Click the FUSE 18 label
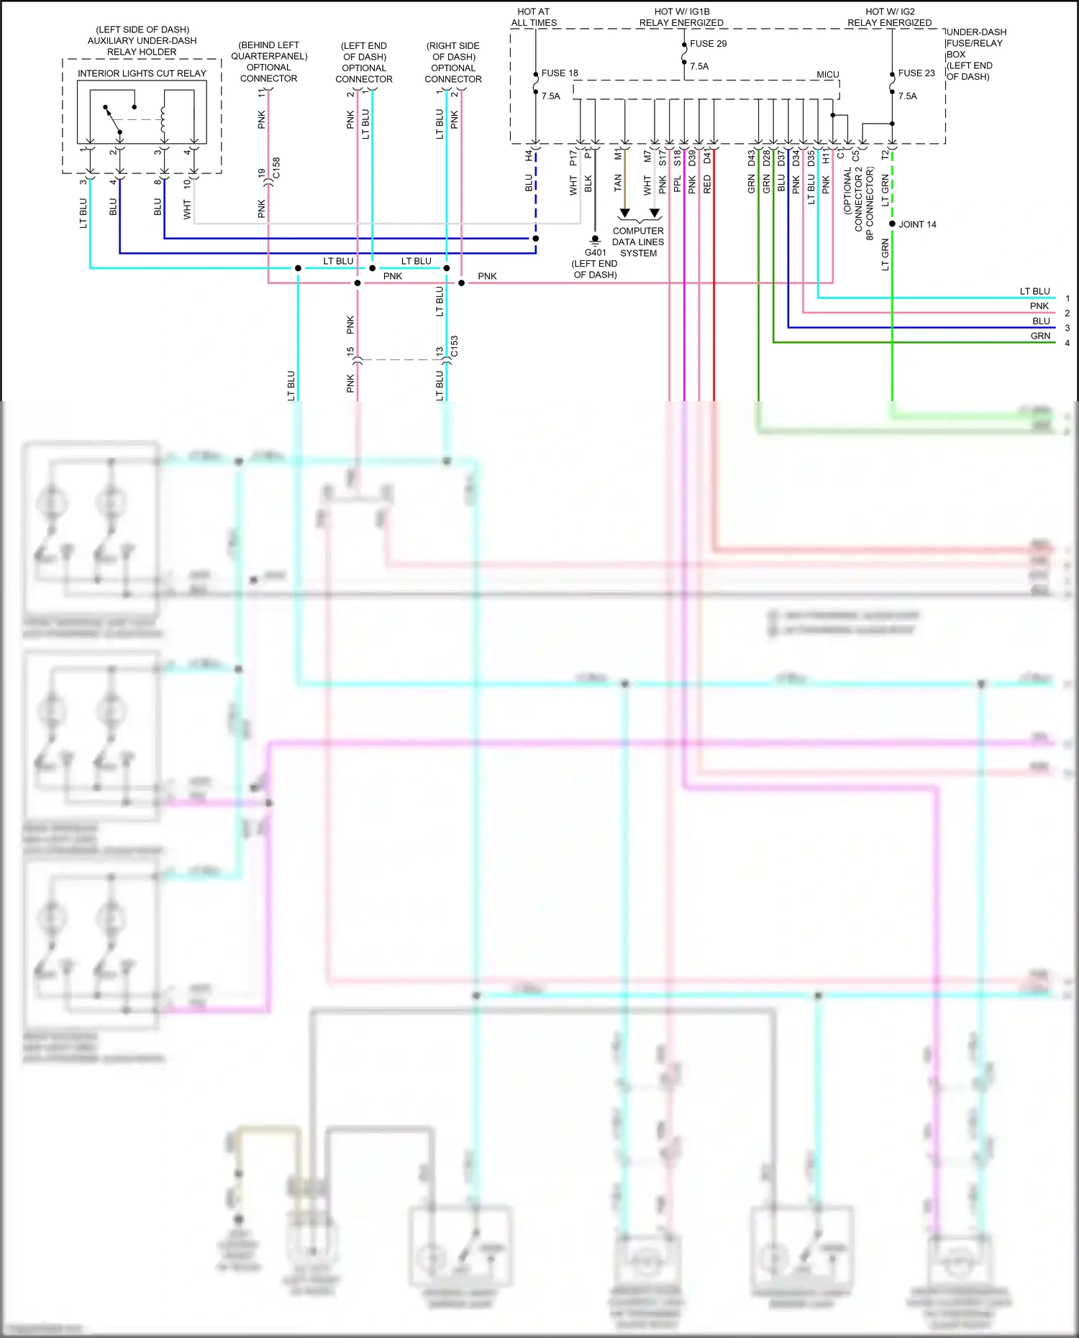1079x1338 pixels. (x=559, y=73)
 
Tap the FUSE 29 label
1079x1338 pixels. (x=708, y=44)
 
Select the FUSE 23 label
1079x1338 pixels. (x=916, y=73)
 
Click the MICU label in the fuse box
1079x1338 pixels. (x=827, y=75)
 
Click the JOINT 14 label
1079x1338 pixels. (x=917, y=224)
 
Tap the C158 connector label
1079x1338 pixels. (x=276, y=168)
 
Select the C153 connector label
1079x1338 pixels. (x=455, y=346)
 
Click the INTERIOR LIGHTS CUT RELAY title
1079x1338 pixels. (x=142, y=73)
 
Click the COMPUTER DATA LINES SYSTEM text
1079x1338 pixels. (x=638, y=242)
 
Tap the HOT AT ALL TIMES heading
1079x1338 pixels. (x=534, y=17)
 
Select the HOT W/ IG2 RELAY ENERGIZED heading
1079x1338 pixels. (x=890, y=17)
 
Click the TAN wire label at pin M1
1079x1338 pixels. (x=618, y=183)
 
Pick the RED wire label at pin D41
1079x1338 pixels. (x=707, y=184)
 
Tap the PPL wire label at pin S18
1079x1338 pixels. (x=677, y=184)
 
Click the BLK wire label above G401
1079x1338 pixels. (x=588, y=183)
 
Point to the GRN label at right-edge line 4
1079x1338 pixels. (x=1040, y=336)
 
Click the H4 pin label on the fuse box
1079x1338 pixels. (x=529, y=155)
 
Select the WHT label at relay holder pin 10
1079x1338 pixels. (x=187, y=209)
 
